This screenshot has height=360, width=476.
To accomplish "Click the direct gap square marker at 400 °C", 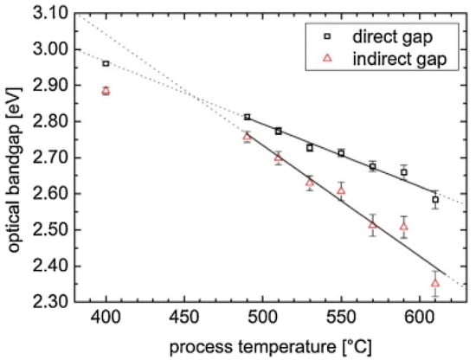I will (x=106, y=63).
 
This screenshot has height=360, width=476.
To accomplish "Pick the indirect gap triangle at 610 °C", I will (x=435, y=283).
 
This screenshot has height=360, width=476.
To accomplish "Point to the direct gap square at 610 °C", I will (x=435, y=199).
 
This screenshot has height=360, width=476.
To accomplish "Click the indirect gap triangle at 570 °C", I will (x=373, y=224).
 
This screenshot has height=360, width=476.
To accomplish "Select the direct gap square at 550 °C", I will (x=341, y=153).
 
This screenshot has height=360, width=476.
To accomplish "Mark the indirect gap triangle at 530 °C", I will (x=310, y=183).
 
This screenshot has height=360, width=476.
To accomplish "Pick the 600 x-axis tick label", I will (x=420, y=318).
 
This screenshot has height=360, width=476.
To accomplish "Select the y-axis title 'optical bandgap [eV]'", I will (x=15, y=157).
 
